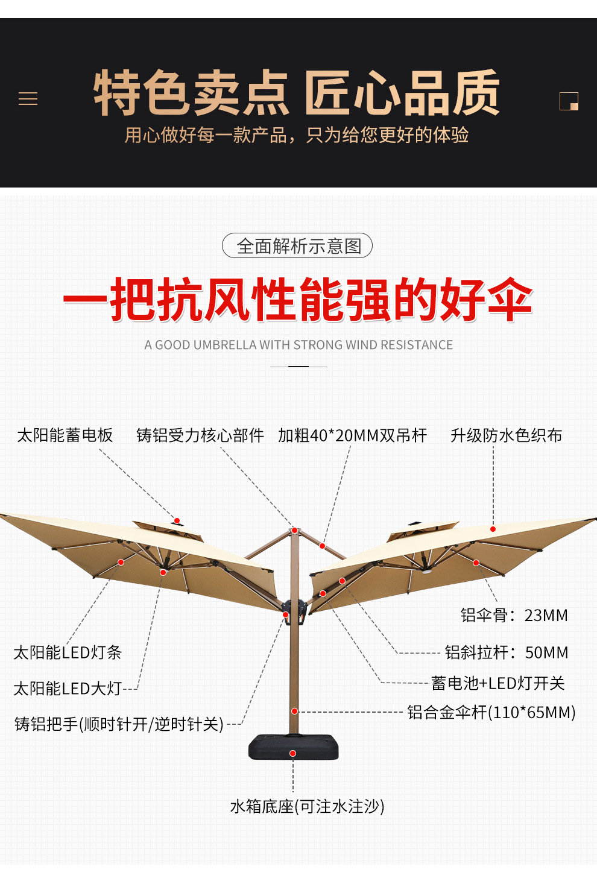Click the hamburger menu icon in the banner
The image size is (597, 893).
click(x=28, y=99)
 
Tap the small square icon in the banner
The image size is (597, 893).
click(x=569, y=101)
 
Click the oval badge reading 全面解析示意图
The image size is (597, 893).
click(x=297, y=246)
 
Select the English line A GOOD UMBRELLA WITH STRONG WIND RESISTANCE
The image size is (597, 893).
click(x=298, y=345)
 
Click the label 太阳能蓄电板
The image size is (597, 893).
click(x=65, y=435)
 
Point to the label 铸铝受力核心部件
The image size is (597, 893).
click(x=200, y=435)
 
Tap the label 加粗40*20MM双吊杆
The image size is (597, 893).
click(x=352, y=435)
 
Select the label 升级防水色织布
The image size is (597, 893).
click(x=506, y=435)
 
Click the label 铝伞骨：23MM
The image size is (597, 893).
click(x=514, y=615)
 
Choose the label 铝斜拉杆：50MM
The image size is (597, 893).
click(x=507, y=652)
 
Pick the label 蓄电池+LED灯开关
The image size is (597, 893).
click(x=498, y=683)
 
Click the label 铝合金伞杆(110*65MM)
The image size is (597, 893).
click(x=491, y=712)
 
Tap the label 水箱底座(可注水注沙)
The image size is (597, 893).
click(x=307, y=806)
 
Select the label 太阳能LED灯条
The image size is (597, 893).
click(x=68, y=652)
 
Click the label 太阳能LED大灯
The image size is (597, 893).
click(x=68, y=688)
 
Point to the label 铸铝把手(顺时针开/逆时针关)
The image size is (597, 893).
click(x=119, y=724)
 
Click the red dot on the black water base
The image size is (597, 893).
click(x=292, y=753)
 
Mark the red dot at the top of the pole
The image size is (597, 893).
click(x=294, y=531)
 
